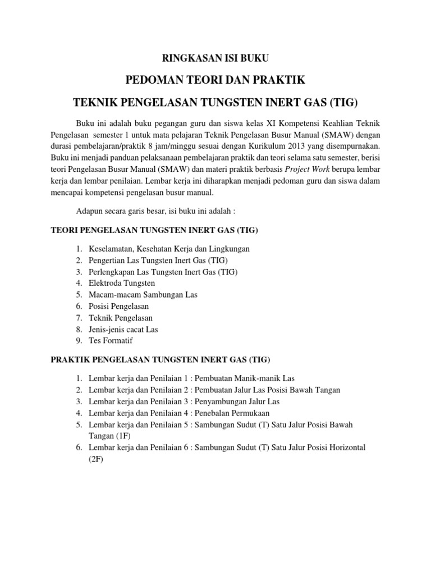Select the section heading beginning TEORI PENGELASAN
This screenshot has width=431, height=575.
pos(154,230)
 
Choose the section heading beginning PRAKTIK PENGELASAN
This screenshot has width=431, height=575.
pos(161,359)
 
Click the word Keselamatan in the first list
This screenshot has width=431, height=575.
pos(111,248)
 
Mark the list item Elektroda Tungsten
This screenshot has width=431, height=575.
pos(122,283)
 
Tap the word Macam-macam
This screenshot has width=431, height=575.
pos(113,294)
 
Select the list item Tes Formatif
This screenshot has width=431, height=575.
pos(111,340)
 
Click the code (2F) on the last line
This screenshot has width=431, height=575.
pos(97,459)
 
